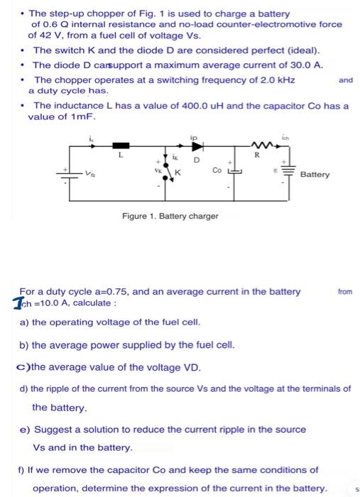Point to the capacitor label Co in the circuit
click(216, 170)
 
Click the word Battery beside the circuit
click(315, 174)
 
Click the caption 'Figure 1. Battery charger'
click(170, 215)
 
